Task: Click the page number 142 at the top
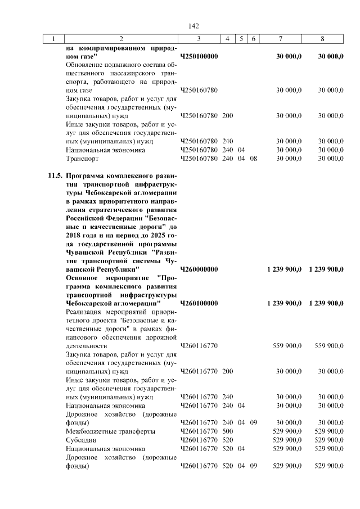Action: tap(194, 26)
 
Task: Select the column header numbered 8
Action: tap(322, 39)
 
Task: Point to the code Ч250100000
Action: tap(199, 56)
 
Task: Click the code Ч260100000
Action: tap(199, 304)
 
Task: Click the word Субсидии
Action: tap(80, 440)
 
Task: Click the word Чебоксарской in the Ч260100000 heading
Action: tap(94, 304)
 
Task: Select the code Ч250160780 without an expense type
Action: tap(199, 91)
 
